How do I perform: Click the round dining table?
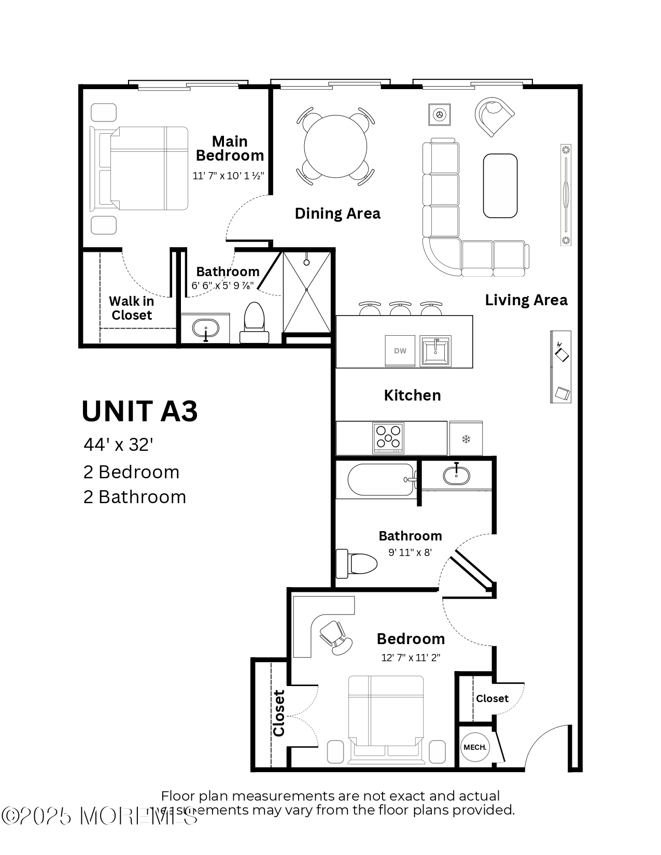(335, 147)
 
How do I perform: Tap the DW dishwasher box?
(400, 351)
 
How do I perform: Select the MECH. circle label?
(475, 747)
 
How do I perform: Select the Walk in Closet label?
(131, 308)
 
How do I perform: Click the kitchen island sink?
(435, 350)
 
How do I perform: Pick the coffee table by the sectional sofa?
(500, 186)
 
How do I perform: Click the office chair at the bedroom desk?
(335, 637)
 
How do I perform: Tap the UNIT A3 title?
(140, 411)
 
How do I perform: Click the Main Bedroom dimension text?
(228, 176)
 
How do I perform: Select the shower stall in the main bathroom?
(306, 292)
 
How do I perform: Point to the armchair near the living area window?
(494, 115)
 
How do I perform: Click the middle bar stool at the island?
(400, 308)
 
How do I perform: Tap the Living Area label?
(526, 300)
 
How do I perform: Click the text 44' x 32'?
(118, 445)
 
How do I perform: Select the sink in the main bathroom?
(205, 328)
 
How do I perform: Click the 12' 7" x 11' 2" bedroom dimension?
(411, 658)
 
